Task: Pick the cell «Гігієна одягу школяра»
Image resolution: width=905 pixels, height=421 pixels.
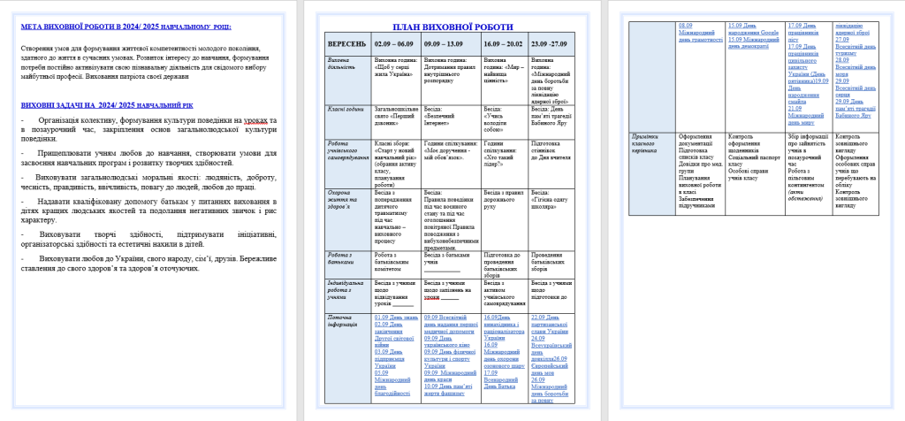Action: [x=553, y=201]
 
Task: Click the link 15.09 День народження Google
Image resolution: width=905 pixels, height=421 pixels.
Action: [x=752, y=27]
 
